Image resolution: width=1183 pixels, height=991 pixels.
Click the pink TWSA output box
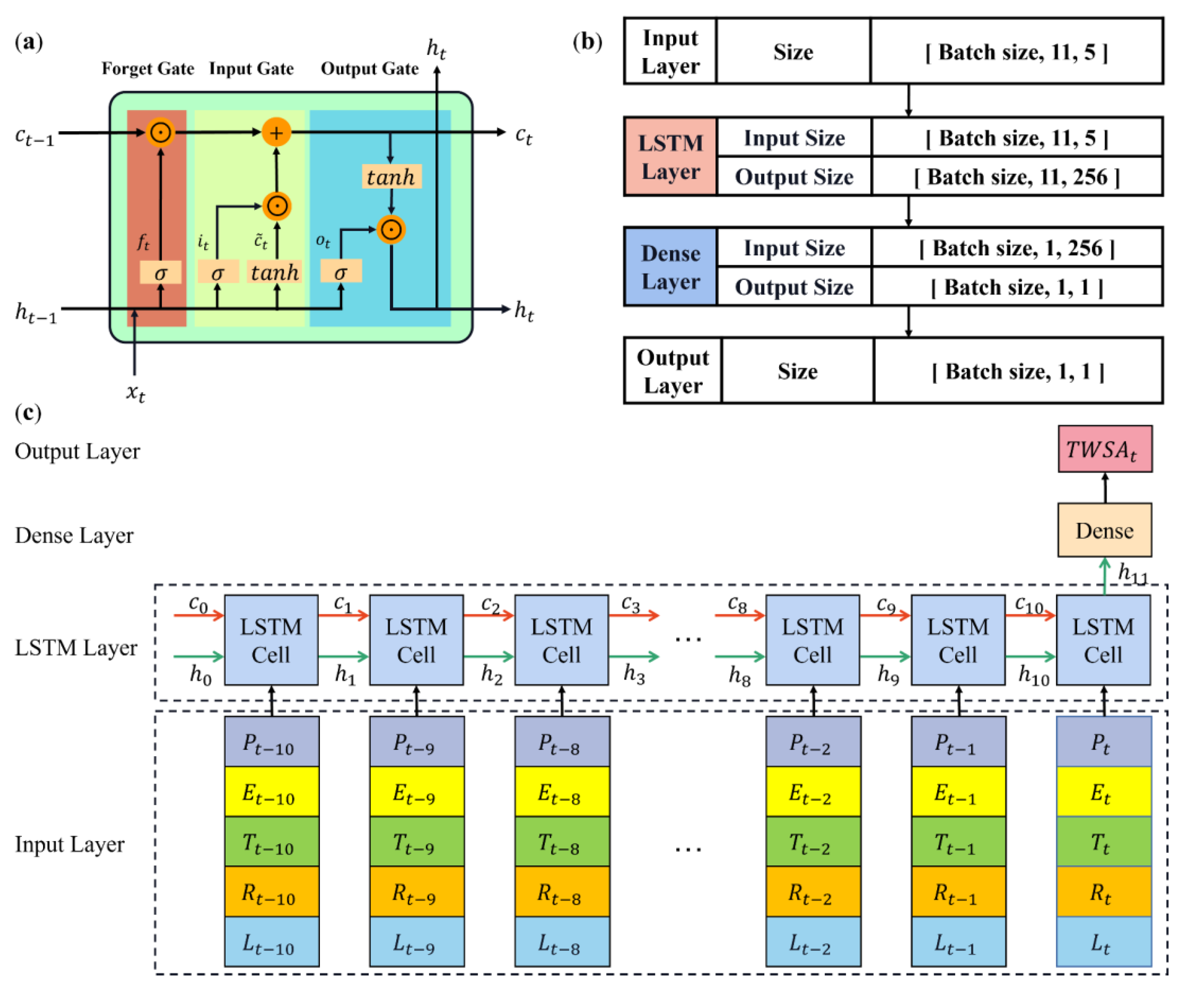1105,449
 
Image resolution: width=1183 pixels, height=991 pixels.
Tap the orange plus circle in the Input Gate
276,133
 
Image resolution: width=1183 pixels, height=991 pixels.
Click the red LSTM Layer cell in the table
670,157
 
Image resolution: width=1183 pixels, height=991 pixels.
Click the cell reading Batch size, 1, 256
1017,248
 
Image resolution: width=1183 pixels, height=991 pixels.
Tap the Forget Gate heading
148,69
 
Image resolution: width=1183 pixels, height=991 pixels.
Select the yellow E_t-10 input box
272,792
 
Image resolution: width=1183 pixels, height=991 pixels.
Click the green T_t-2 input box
813,842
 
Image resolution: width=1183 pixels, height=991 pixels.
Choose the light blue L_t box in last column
1104,942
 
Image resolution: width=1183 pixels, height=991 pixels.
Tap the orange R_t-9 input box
416,892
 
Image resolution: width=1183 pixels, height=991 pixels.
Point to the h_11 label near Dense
1132,573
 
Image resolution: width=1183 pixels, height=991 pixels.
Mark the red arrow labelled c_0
198,615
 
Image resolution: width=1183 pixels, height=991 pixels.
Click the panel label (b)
587,42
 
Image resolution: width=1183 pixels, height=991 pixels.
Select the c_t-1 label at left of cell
35,136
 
